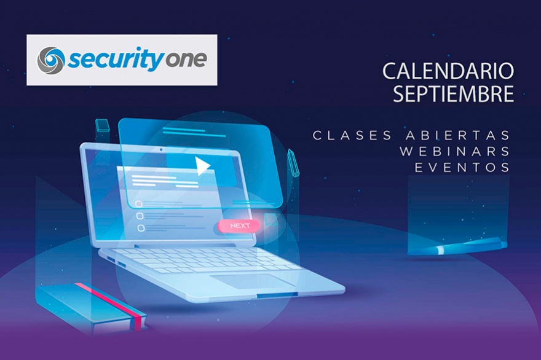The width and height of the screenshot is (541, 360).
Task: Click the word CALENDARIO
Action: [448, 71]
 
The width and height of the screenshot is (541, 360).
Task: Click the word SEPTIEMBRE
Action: [453, 93]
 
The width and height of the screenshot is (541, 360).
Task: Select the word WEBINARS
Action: [455, 151]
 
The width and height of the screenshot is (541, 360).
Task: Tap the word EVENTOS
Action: [462, 168]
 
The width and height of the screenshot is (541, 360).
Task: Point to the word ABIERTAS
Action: [458, 135]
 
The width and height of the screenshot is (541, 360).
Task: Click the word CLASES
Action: [352, 135]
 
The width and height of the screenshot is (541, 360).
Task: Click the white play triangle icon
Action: [202, 166]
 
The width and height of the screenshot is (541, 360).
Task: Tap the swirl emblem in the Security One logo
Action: [51, 60]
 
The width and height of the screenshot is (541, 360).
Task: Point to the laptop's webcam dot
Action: [161, 150]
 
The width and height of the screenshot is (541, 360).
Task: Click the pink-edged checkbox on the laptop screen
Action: [139, 204]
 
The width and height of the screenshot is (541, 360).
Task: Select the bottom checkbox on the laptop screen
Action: [141, 228]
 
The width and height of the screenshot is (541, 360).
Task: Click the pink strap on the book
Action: [111, 303]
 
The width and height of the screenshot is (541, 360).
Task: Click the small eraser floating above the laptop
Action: [102, 125]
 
